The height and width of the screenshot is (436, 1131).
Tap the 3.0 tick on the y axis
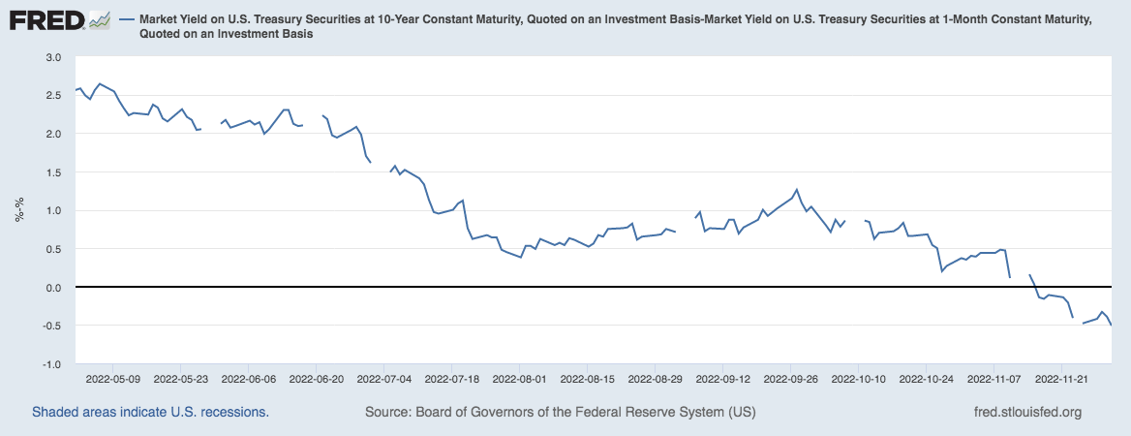53,57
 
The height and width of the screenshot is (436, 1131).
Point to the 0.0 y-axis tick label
53,288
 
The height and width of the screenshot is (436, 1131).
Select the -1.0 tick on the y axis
52,364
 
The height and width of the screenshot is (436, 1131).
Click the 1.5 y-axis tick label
53,172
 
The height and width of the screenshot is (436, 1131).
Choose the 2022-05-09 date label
113,381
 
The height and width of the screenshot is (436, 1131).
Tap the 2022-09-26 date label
791,381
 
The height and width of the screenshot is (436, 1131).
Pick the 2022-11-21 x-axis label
1062,381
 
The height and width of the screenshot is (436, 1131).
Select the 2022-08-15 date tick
588,381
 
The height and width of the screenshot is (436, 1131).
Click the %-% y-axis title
18,211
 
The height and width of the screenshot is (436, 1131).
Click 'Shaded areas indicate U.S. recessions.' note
150,412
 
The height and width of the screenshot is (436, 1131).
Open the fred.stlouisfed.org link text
1026,412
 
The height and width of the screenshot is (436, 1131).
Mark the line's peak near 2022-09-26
796,190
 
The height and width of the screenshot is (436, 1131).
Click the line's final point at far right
1111,326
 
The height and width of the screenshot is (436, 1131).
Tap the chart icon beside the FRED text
99,19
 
